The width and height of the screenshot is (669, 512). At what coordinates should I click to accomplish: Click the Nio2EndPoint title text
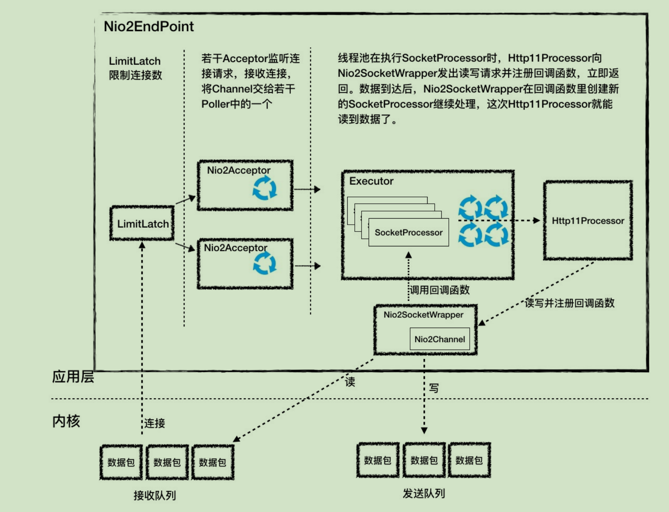coord(149,26)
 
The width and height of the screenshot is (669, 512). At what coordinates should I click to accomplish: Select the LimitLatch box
coord(142,224)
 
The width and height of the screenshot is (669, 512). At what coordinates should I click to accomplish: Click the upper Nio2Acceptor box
coord(245,185)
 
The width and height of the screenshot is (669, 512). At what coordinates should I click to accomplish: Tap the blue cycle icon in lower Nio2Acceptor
coord(265,263)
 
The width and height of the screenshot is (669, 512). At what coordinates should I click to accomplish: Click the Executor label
coord(371,181)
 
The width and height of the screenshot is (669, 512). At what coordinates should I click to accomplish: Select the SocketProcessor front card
coord(408,232)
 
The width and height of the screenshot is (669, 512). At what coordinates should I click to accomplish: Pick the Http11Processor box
coord(588,221)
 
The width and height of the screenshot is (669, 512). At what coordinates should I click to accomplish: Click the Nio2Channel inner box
coord(440,339)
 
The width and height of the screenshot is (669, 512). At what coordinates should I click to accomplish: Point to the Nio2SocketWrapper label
coord(423,315)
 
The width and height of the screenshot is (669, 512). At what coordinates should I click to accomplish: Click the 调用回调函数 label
coord(440,290)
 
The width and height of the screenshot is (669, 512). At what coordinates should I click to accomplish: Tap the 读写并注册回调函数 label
coord(569,303)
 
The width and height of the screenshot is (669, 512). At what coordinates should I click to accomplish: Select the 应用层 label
coord(73,377)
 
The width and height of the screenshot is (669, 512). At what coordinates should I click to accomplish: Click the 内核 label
coord(66,421)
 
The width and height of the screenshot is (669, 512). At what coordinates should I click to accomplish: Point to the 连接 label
coord(155,423)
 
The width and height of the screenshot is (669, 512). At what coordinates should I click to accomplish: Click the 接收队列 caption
coord(155,495)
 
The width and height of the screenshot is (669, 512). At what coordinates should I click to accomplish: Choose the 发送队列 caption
coord(424,493)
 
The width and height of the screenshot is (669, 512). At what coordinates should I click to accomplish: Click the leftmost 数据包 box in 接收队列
coord(121,462)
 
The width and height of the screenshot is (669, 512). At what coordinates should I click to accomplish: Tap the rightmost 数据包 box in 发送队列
coord(469,460)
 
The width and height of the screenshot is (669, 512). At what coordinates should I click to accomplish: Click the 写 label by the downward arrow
coord(434,388)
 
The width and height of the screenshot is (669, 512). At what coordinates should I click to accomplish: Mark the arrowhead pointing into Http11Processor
coord(537,221)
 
